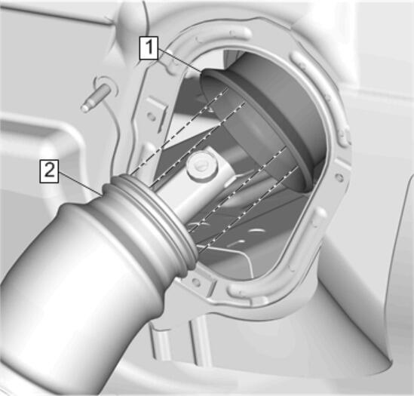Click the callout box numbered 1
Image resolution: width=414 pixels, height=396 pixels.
(149, 48)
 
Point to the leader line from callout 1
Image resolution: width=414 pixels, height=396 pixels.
(179, 60)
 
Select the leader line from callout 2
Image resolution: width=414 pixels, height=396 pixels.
(80, 183)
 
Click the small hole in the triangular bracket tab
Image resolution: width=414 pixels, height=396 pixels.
(151, 115)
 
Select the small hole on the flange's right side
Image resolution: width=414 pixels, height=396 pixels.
(340, 177)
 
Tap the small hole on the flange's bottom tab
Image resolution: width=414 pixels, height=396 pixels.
(195, 282)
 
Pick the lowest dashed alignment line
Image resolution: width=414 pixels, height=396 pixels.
(250, 209)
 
